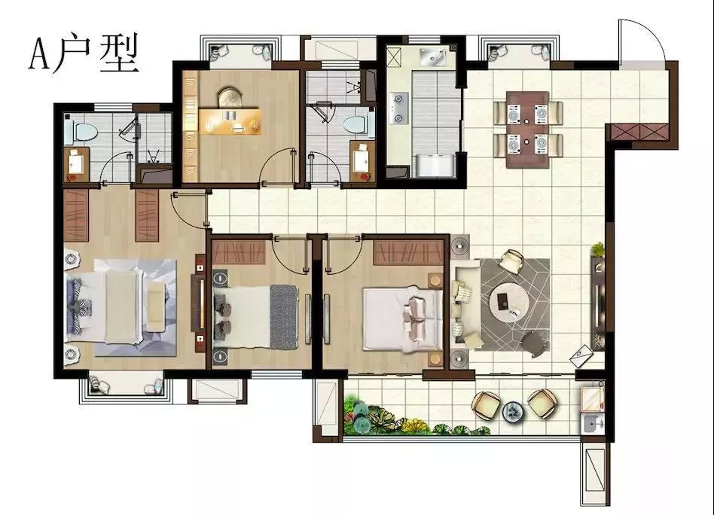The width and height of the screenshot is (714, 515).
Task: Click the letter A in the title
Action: coord(39,54)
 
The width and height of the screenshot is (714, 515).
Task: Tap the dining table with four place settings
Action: coord(527,130)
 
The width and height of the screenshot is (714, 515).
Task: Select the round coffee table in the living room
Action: coord(509,303)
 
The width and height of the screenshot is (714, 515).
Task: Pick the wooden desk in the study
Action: coord(230,121)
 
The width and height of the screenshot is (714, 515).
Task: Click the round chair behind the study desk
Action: coord(230,98)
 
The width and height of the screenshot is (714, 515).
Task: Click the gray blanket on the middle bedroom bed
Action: coord(284,317)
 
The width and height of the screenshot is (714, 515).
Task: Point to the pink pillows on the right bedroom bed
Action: coord(415,313)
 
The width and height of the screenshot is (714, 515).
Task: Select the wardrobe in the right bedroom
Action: coord(408,252)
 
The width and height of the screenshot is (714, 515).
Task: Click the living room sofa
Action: coord(465,307)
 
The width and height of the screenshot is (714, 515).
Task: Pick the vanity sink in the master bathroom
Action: coord(75,161)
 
